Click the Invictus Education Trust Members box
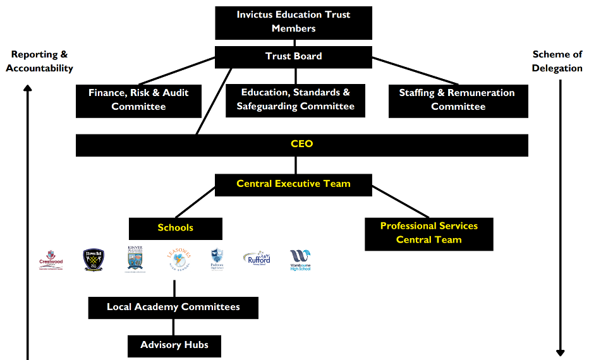point(293,22)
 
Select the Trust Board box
point(293,56)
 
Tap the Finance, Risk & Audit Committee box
point(138,100)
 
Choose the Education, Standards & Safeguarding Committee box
point(295,100)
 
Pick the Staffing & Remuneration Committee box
point(458,100)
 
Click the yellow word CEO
point(301,144)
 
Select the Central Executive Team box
point(293,184)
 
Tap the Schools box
point(175,228)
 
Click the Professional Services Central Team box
point(428,233)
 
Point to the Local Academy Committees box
point(173,308)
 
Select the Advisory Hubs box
point(174,345)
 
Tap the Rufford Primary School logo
point(257,259)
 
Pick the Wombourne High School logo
point(301,260)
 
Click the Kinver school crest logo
point(136,259)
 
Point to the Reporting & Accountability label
point(39,62)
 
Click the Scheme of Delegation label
point(557,61)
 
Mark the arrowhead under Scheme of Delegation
point(560,352)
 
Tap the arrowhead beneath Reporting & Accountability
point(28,89)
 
